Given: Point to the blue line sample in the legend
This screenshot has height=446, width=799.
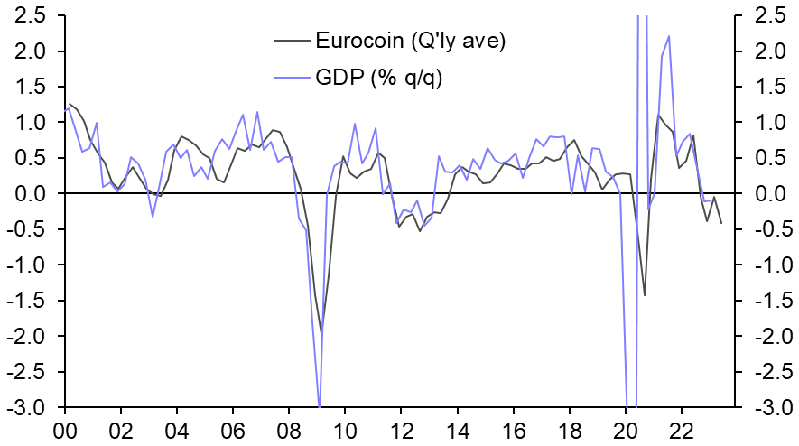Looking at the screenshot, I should click(x=291, y=78).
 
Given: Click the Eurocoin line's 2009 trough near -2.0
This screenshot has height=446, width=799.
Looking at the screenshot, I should click(x=321, y=334).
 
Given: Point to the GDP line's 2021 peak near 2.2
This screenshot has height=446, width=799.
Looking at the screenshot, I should click(x=669, y=36).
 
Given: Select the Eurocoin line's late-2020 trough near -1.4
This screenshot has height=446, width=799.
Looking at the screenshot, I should click(x=645, y=294).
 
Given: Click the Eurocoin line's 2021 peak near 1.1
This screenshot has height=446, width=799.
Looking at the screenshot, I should click(x=658, y=116).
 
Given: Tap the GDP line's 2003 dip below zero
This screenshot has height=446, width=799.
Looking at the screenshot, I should click(x=153, y=217).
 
